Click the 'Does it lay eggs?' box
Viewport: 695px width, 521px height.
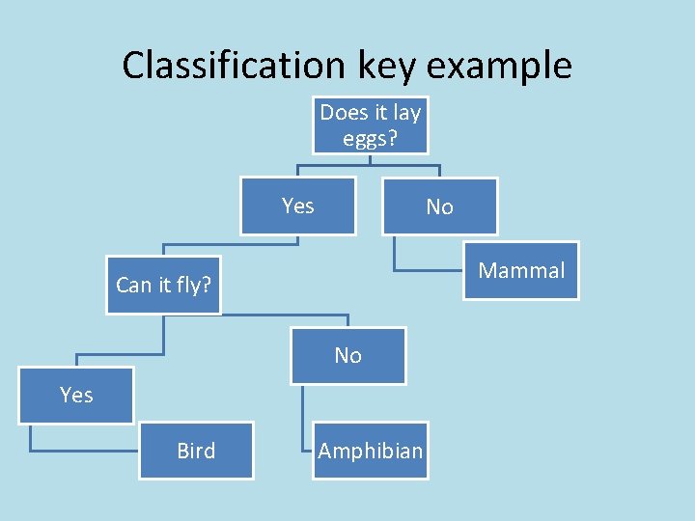(x=371, y=125)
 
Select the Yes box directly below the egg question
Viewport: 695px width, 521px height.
(x=297, y=206)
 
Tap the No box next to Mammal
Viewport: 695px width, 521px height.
(x=439, y=206)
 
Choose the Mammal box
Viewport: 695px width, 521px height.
(x=521, y=270)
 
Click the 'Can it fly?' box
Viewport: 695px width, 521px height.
(x=164, y=285)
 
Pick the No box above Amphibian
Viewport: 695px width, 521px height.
(x=347, y=355)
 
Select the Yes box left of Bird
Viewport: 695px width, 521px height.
(x=76, y=395)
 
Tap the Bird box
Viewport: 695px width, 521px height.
(x=196, y=451)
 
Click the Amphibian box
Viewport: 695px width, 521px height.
(x=371, y=451)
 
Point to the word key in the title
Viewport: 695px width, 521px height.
(x=386, y=66)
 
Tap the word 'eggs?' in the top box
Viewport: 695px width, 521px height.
(x=371, y=138)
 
